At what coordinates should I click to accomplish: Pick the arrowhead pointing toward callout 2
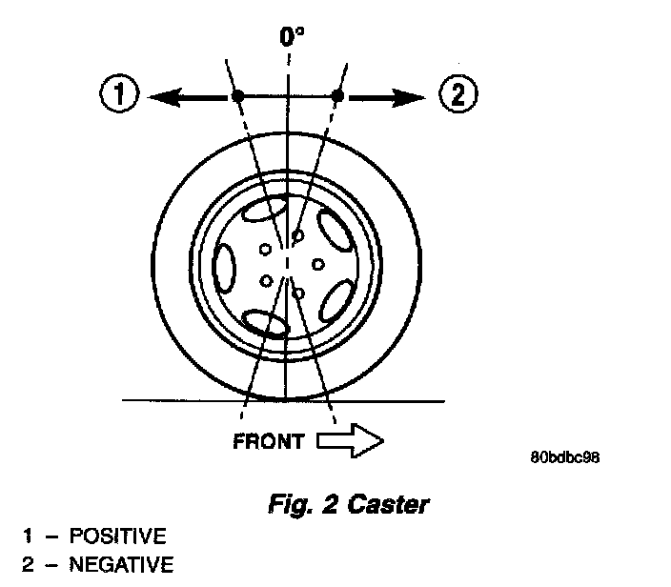pyautogui.click(x=413, y=95)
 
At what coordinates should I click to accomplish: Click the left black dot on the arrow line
pyautogui.click(x=237, y=95)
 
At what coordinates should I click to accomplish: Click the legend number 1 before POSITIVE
pyautogui.click(x=28, y=536)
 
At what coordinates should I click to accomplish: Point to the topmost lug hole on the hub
pyautogui.click(x=297, y=234)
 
